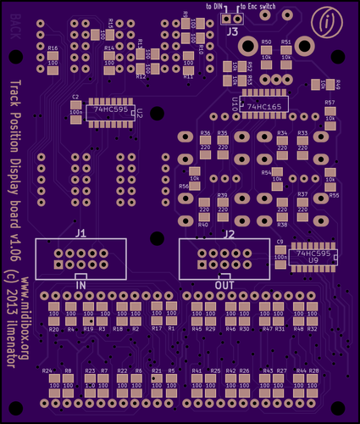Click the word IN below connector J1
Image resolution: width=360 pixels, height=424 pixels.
(81, 286)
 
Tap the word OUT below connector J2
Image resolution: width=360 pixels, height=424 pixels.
(224, 286)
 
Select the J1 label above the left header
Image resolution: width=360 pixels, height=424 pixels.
(80, 232)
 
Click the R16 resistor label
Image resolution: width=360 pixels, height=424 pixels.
(53, 49)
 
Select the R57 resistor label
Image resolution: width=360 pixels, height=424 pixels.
(330, 102)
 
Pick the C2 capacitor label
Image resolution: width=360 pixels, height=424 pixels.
(75, 98)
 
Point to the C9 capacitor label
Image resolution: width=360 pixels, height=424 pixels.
(280, 242)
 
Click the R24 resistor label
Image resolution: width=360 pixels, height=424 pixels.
(47, 371)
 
